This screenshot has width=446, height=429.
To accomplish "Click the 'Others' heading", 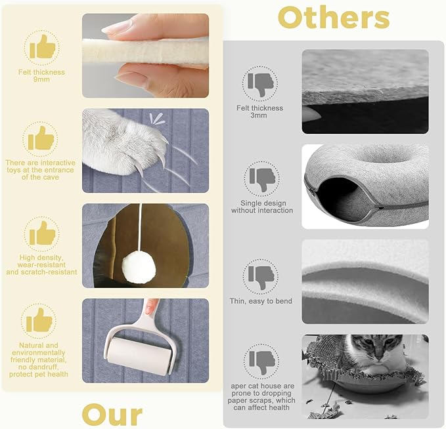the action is (334, 18).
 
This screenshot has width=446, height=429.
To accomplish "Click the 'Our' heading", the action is (112, 415).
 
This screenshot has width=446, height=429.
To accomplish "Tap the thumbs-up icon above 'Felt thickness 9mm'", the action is (43, 47).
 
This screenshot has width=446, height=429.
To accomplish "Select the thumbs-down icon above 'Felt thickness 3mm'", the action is (260, 84).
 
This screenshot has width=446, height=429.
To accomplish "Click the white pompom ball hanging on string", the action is (139, 268).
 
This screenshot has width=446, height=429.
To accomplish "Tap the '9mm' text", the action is (41, 79).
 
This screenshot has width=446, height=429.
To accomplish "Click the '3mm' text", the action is (259, 115).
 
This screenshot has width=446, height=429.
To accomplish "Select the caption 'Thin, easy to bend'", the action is (261, 301).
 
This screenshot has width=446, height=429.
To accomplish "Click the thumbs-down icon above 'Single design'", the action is (262, 179).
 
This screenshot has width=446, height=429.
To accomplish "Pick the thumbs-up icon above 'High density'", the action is (43, 234).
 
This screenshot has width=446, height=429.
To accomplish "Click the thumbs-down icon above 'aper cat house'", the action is (261, 362).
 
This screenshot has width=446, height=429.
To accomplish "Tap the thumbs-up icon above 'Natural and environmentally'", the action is (39, 320).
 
